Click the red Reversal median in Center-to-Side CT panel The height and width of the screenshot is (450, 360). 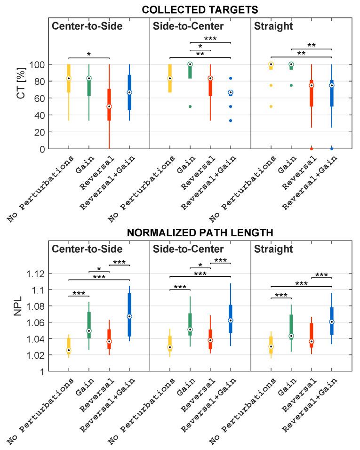[109, 106]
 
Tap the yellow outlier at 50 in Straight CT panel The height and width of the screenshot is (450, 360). [271, 106]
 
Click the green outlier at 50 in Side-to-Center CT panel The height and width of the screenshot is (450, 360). [190, 106]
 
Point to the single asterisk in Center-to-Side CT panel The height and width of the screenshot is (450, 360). [89, 55]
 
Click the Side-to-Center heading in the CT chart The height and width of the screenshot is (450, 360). [182, 26]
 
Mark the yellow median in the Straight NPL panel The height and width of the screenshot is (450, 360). [271, 346]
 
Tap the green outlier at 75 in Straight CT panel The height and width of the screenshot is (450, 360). [291, 85]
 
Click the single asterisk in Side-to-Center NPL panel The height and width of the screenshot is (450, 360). [200, 265]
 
